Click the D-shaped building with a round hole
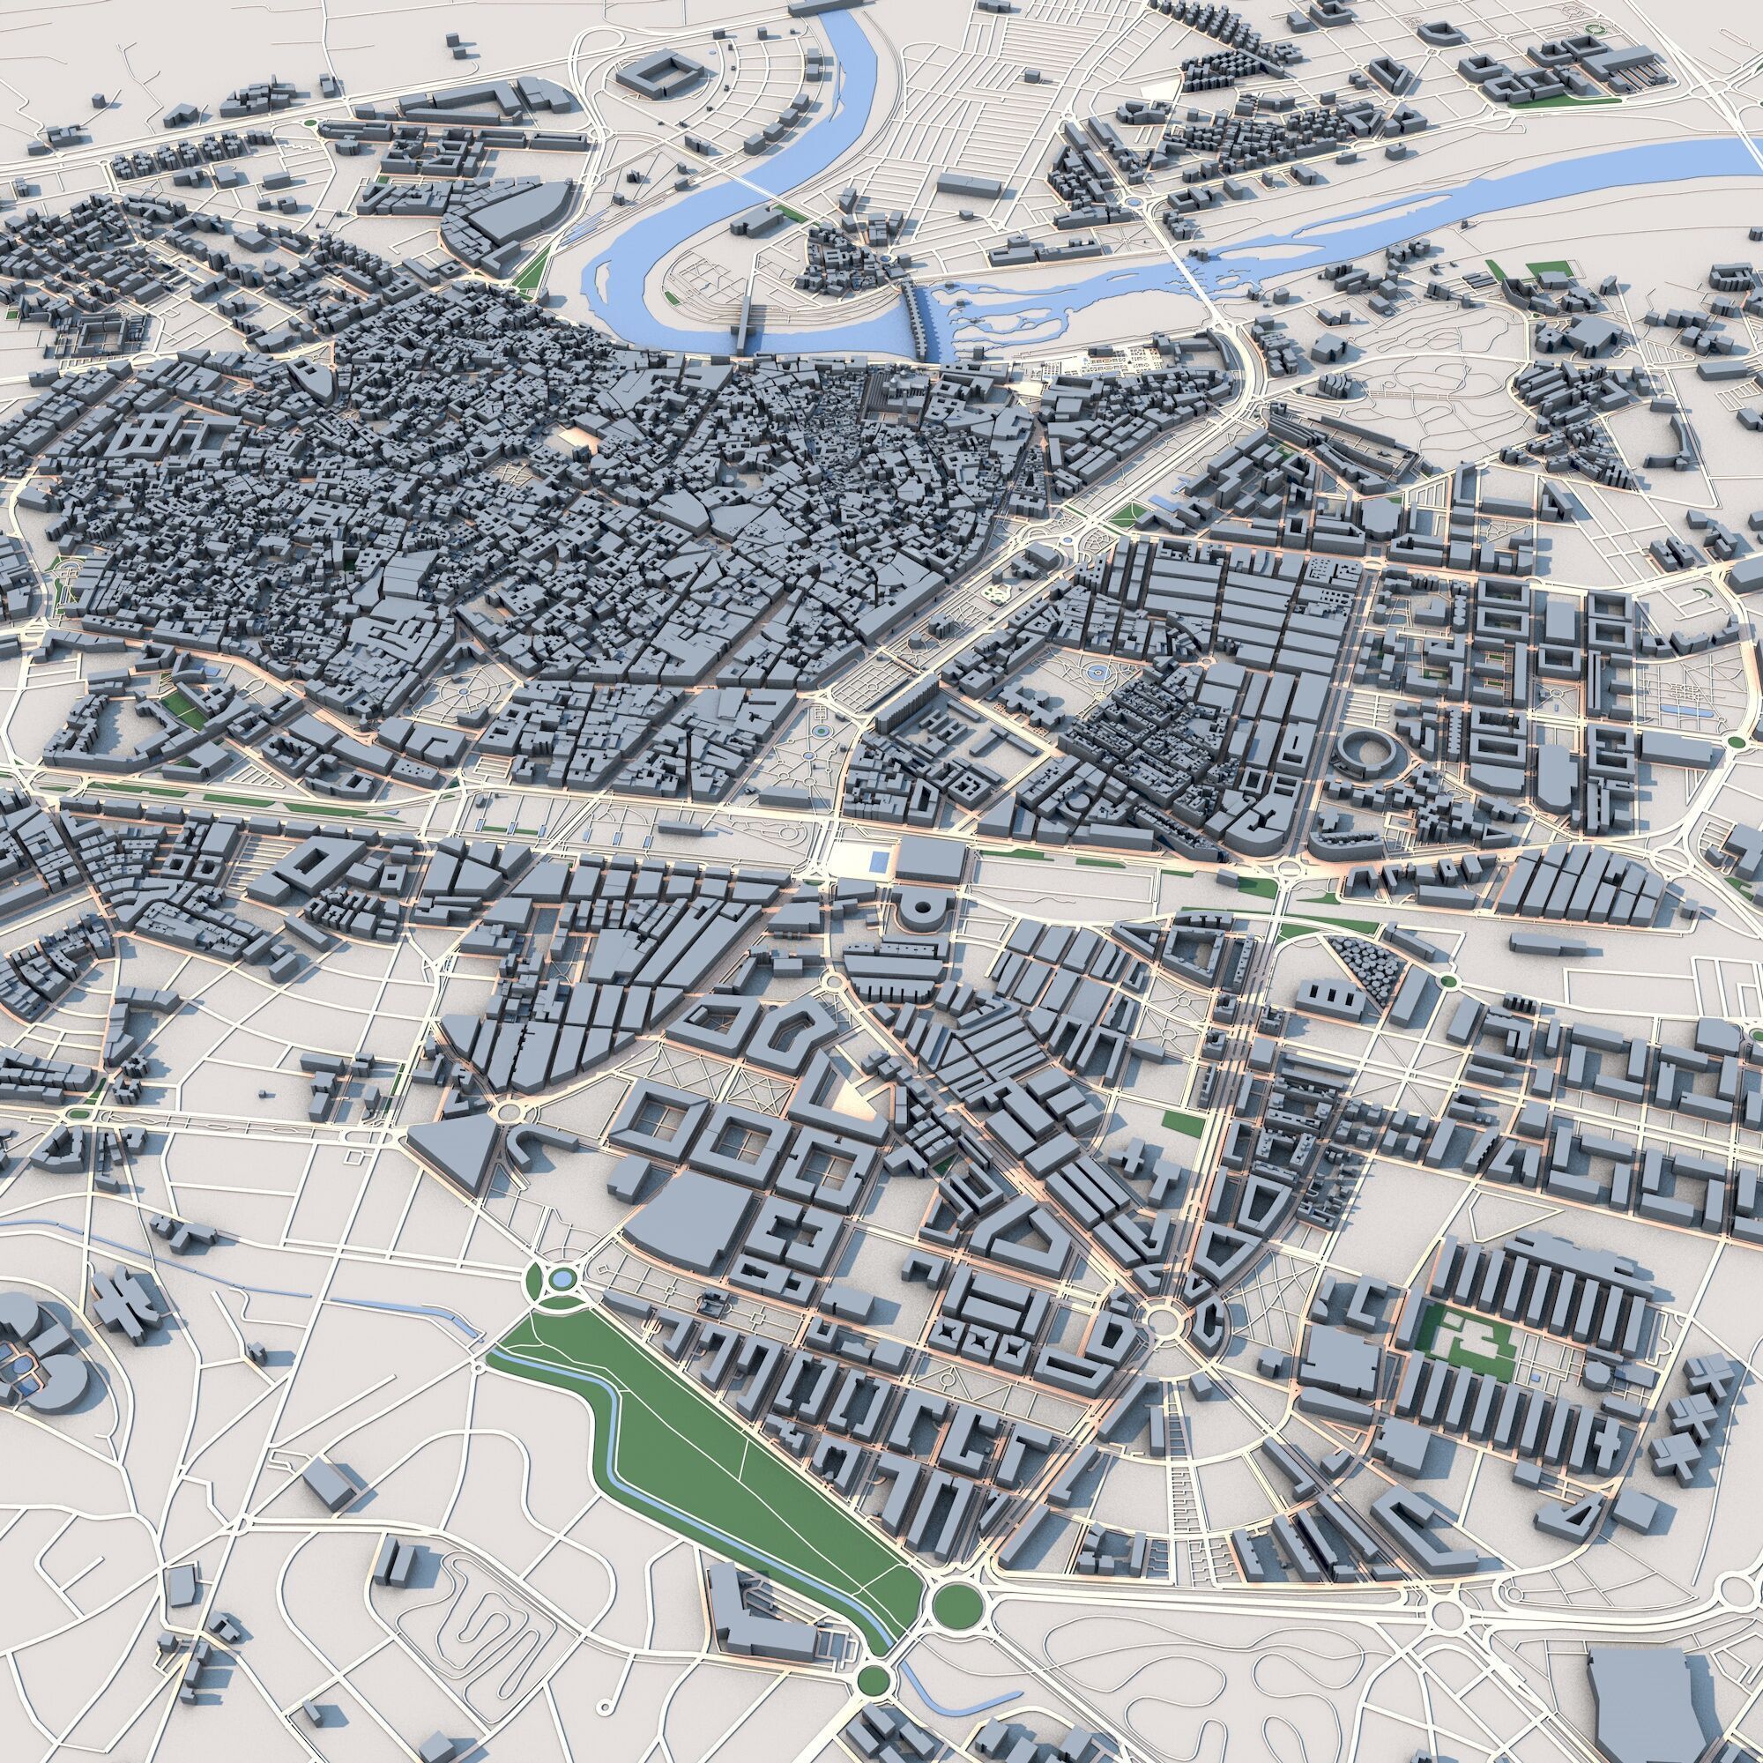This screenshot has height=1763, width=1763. (x=919, y=908)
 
